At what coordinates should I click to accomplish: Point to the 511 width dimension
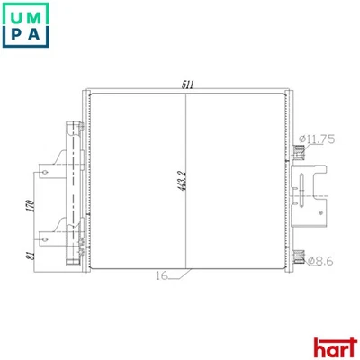point(188,85)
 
